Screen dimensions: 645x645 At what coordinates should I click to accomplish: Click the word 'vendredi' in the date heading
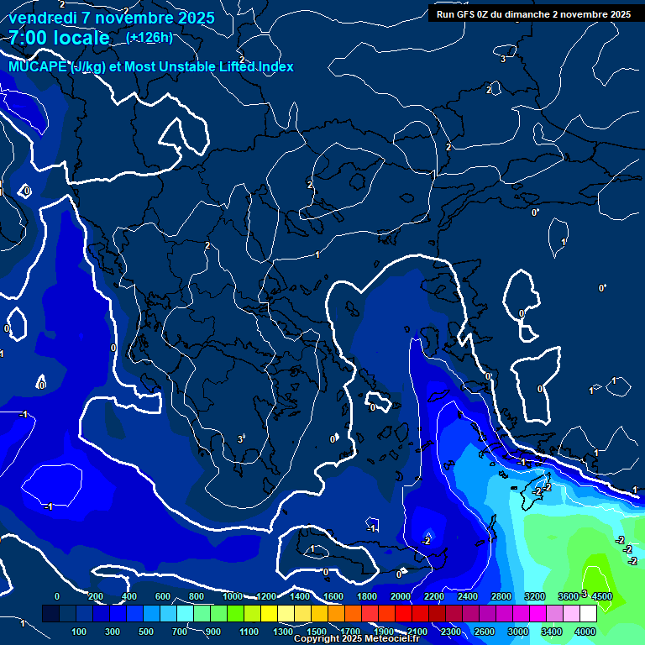point(40,18)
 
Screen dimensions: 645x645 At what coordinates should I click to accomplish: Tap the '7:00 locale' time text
point(59,38)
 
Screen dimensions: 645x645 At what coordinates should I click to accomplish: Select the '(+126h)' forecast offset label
point(149,37)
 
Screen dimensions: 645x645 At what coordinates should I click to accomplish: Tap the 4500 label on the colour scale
point(601,596)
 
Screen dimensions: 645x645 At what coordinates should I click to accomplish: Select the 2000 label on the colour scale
point(400,596)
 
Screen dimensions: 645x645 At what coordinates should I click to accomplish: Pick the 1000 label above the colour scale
point(232,596)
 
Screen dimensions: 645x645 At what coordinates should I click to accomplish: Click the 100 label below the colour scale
point(80,632)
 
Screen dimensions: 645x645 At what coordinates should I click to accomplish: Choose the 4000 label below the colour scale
point(585,632)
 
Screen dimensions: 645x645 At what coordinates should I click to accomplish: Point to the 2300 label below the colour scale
point(450,632)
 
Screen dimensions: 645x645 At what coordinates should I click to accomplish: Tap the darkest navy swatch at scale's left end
point(50,615)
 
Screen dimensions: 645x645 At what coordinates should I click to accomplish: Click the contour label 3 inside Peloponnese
point(240,439)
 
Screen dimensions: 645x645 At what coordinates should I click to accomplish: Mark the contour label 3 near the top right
point(503,59)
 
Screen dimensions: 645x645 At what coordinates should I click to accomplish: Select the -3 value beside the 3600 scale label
point(583,594)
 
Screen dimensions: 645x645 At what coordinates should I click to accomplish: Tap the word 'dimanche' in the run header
point(527,14)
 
